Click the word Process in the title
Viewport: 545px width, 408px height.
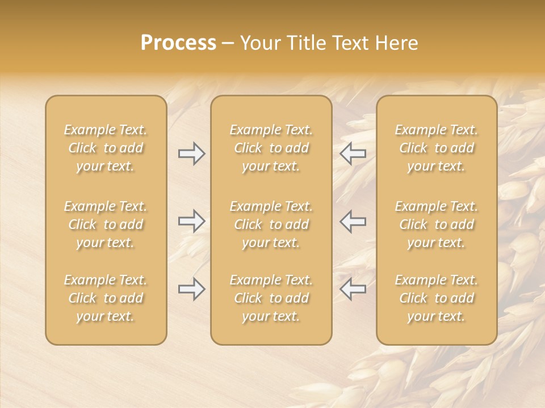(x=178, y=43)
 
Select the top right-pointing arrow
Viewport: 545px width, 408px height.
(x=191, y=153)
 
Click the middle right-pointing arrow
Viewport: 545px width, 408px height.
(x=191, y=221)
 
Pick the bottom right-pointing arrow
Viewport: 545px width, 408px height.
(x=191, y=290)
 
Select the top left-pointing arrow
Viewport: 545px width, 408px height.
(x=353, y=153)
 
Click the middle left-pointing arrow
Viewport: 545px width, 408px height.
(x=353, y=221)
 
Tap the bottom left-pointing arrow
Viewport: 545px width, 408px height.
(x=353, y=290)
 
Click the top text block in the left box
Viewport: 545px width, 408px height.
(x=106, y=148)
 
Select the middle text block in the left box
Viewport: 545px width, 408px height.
(x=106, y=224)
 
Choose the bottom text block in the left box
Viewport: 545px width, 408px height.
(x=106, y=298)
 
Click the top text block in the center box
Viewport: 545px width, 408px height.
(x=271, y=148)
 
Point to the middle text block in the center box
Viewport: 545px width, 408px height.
(x=271, y=224)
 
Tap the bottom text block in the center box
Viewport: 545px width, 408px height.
(x=271, y=298)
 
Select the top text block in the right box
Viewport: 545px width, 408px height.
(x=437, y=148)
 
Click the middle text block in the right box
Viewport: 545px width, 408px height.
(x=437, y=224)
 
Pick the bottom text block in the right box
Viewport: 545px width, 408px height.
(x=437, y=298)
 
